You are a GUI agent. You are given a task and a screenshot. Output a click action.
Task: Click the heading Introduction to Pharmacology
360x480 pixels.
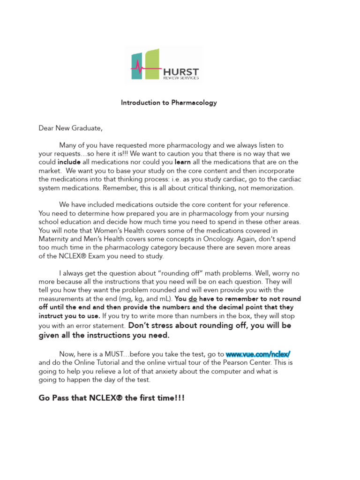coord(169,103)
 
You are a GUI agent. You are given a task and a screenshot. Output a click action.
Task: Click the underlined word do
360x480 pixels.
coord(192,299)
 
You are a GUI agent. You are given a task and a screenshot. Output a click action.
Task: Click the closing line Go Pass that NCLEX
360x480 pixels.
coord(111,398)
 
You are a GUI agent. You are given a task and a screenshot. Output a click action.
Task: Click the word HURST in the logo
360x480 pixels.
coord(180,72)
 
